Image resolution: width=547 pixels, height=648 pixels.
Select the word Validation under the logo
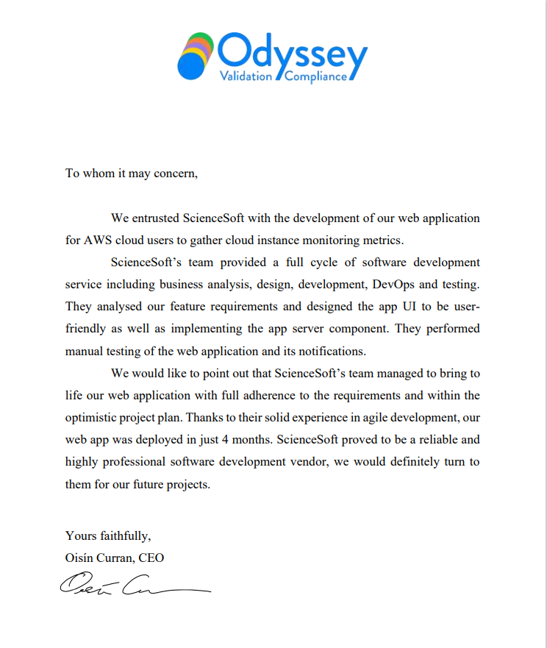click(x=246, y=76)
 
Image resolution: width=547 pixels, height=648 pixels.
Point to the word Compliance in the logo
click(x=315, y=76)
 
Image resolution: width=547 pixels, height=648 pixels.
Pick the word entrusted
click(x=154, y=218)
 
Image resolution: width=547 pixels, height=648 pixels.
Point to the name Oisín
click(x=80, y=558)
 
